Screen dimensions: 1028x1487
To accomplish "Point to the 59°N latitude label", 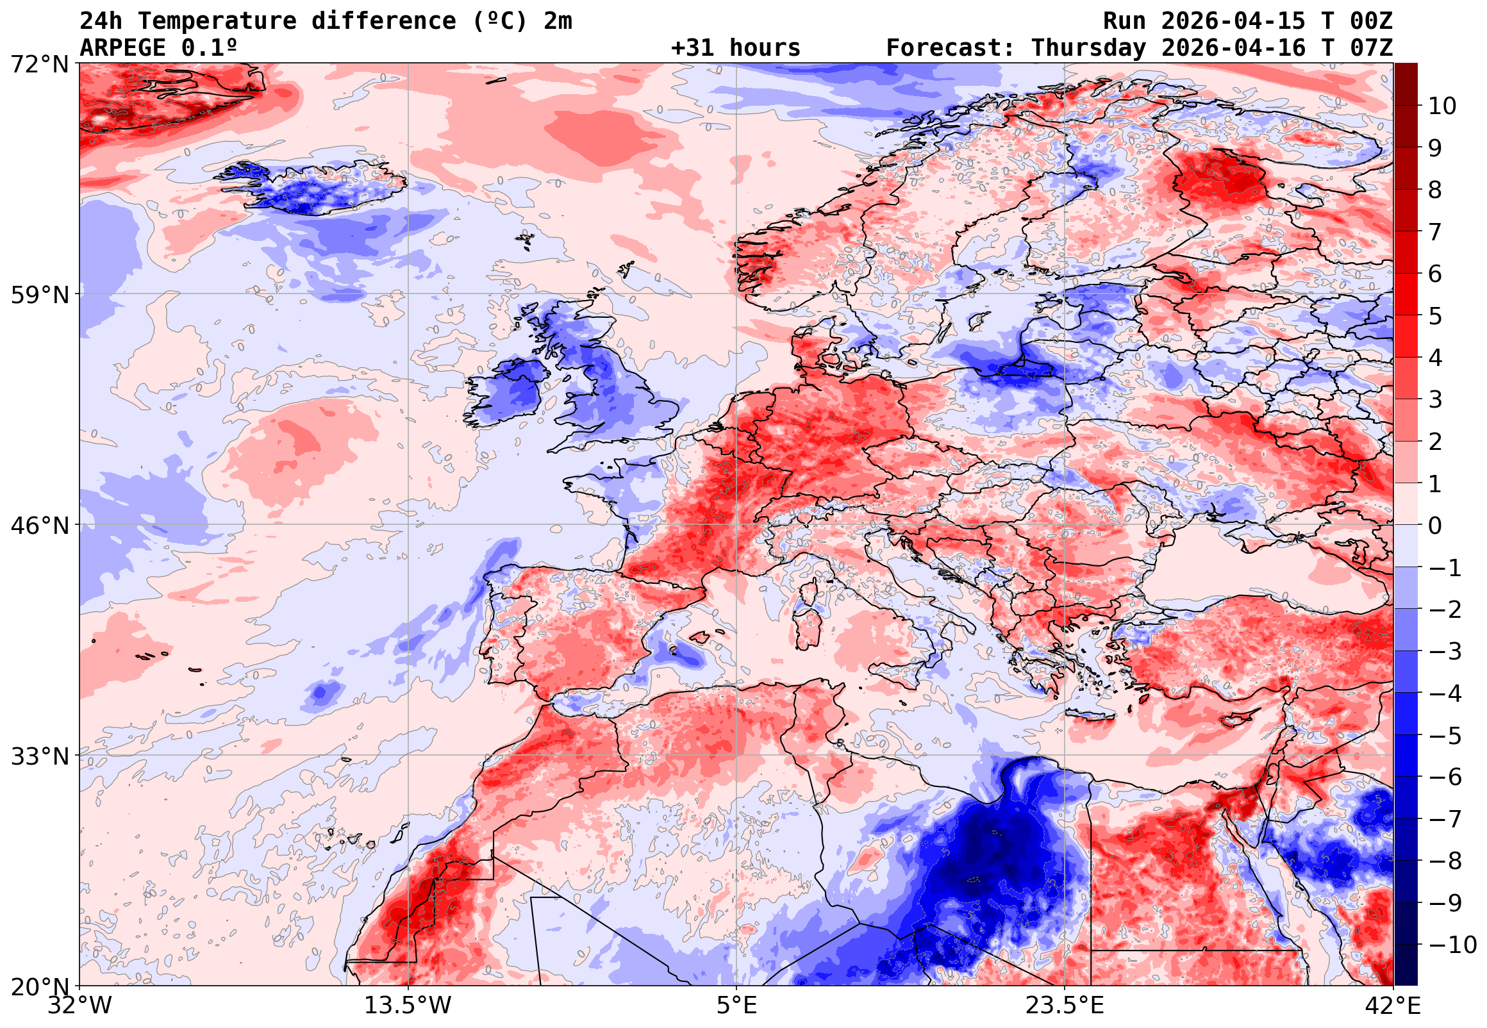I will [x=38, y=295].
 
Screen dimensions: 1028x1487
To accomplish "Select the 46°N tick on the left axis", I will [x=38, y=526].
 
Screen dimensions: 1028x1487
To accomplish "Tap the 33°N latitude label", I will [x=38, y=756].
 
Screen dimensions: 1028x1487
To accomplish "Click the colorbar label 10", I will [x=1442, y=106].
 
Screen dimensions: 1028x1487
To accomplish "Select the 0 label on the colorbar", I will [x=1435, y=526].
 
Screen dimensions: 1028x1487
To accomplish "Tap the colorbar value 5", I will [x=1435, y=316].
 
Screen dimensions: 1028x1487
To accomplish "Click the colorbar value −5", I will [x=1445, y=736].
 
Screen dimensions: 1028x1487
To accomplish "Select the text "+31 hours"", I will [x=735, y=48].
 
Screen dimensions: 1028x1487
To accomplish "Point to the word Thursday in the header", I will [x=1088, y=48].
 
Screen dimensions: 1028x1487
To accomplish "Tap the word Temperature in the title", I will [x=217, y=21].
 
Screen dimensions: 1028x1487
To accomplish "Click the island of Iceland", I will [x=315, y=188].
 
